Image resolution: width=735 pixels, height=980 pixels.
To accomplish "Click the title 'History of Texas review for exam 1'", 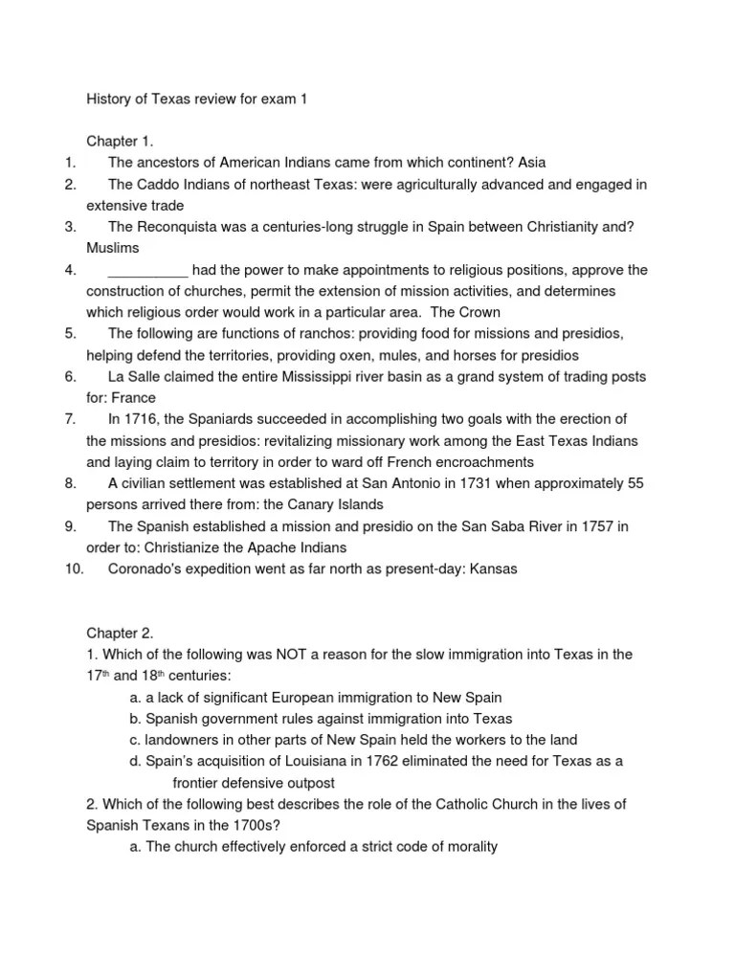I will (197, 99).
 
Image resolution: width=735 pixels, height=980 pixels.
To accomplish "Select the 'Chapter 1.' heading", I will (120, 141).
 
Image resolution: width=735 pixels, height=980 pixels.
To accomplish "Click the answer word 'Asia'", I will (531, 163).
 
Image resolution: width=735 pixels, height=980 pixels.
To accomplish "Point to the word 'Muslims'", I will (112, 248).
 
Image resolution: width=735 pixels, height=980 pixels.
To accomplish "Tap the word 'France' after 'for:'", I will (133, 397).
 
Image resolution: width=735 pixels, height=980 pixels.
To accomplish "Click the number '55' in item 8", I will (635, 482).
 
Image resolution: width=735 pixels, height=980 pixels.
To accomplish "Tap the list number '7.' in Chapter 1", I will (70, 418).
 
